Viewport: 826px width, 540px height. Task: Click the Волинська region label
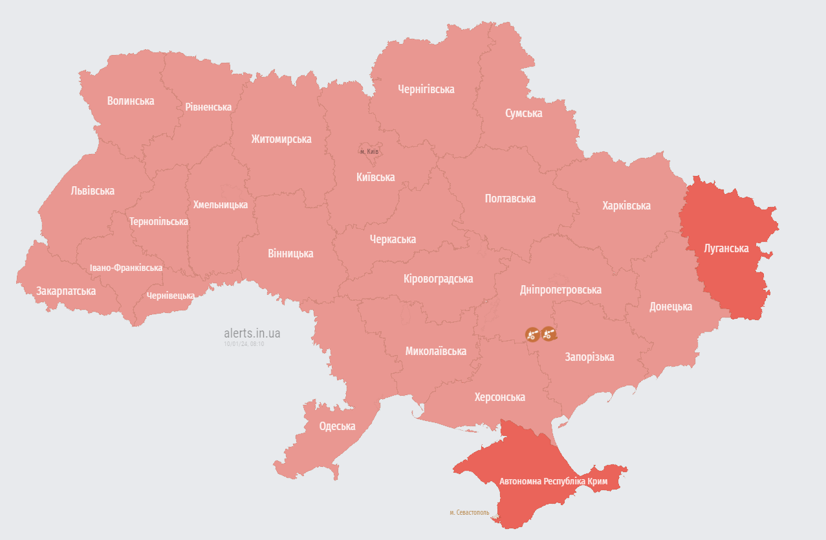pos(131,101)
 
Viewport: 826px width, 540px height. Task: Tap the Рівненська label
pos(208,107)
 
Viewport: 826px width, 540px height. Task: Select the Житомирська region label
pos(281,139)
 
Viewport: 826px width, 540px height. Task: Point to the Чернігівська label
pos(426,89)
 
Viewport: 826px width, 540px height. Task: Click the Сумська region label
pos(524,113)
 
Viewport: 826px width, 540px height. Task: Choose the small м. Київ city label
pos(369,151)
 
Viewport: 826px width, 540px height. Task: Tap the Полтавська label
pos(510,199)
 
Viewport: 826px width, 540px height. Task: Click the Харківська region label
pos(626,206)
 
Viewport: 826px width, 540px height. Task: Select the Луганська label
pos(726,248)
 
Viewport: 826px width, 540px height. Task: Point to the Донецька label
pos(671,307)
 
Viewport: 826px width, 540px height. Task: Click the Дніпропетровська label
pos(561,290)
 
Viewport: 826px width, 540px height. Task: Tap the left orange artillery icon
pos(532,334)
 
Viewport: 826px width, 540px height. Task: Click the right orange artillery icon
pos(549,334)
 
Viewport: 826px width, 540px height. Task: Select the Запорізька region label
pos(589,357)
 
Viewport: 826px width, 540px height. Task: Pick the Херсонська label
pos(499,397)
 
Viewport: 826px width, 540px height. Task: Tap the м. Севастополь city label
pos(470,512)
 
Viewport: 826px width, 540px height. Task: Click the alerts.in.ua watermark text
pos(252,334)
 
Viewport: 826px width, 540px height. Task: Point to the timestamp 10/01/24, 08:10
pos(244,344)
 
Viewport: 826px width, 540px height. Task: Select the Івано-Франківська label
pos(126,268)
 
